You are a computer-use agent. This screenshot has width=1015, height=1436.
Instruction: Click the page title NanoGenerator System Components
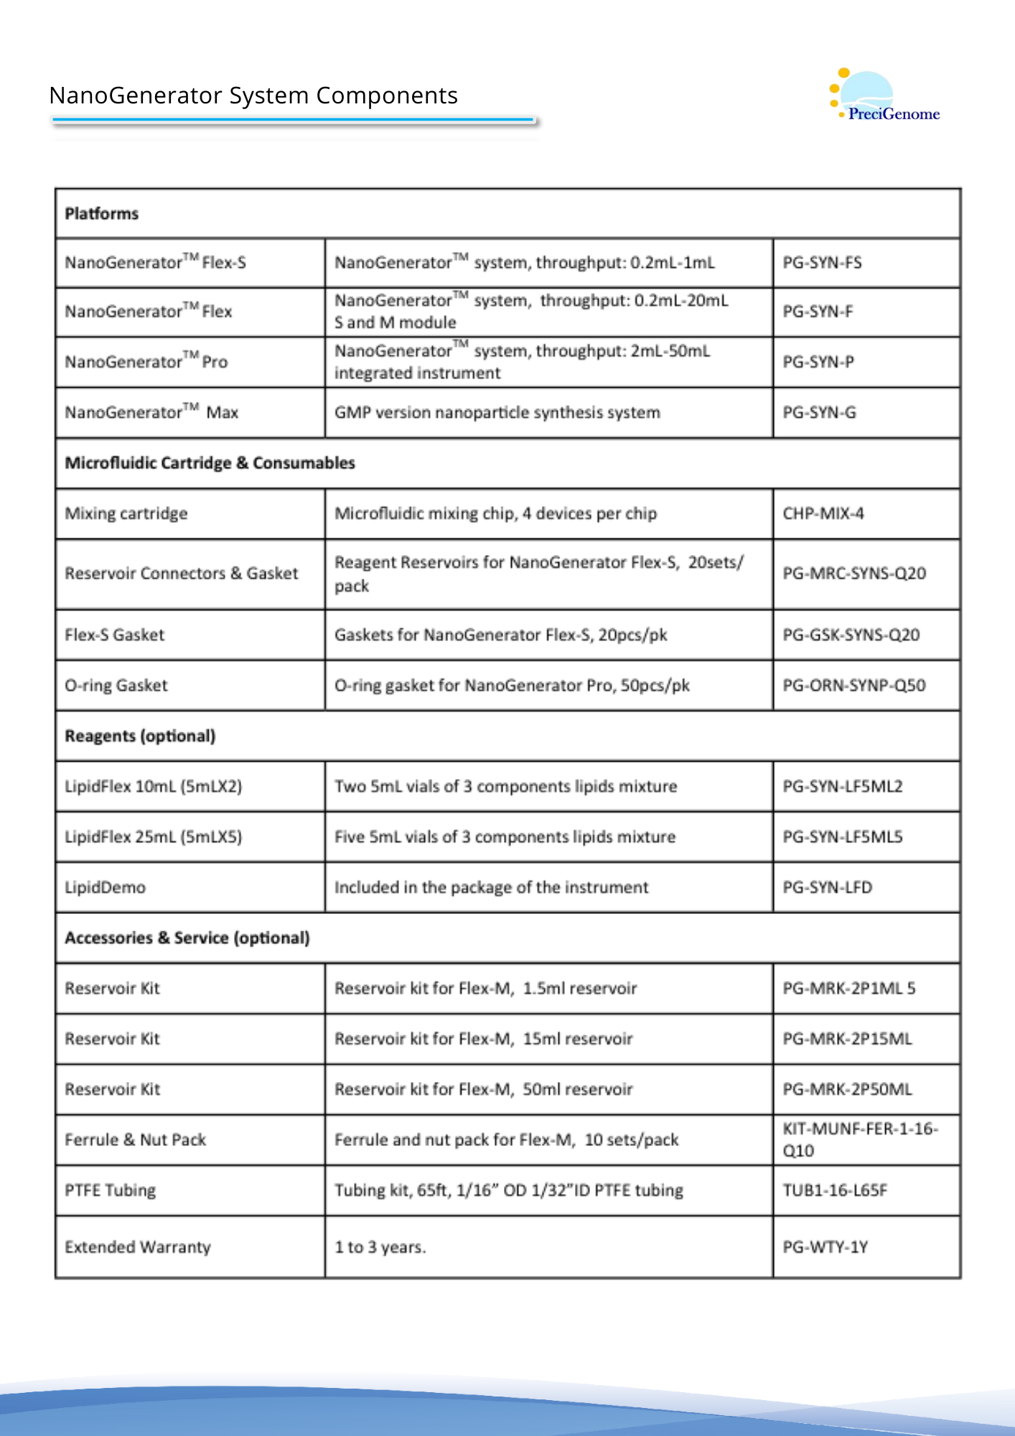[253, 95]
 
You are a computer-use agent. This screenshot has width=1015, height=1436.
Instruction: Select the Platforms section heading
[102, 214]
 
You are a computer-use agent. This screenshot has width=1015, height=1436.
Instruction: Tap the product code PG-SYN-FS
[822, 263]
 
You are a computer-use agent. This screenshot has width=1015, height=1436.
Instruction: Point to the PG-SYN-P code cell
[818, 362]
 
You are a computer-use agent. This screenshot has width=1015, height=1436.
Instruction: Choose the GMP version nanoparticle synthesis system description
[497, 413]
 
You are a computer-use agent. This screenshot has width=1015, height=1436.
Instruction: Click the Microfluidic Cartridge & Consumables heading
[210, 463]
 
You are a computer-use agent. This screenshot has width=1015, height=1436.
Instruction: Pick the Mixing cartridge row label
[126, 514]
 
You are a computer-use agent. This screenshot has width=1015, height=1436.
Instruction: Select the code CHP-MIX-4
[823, 514]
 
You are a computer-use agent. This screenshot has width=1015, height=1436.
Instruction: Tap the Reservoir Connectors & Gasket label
[181, 574]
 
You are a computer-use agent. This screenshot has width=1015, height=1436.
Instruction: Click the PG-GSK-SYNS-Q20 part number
[851, 635]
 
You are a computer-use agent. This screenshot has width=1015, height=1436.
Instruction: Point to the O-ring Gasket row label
[116, 686]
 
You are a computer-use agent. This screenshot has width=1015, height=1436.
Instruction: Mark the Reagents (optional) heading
[140, 737]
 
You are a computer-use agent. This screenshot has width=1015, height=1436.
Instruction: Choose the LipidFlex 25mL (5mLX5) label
[154, 837]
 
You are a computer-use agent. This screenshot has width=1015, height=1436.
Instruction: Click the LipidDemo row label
[106, 888]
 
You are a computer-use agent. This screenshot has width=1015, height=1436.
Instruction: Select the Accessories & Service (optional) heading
[187, 938]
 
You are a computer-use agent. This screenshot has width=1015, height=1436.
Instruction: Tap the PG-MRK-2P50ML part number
[847, 1090]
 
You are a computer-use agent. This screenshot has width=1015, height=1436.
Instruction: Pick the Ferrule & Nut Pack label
[136, 1140]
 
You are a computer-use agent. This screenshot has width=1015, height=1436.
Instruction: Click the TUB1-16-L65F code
[835, 1191]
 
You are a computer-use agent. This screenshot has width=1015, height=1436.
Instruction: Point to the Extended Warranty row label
[138, 1247]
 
